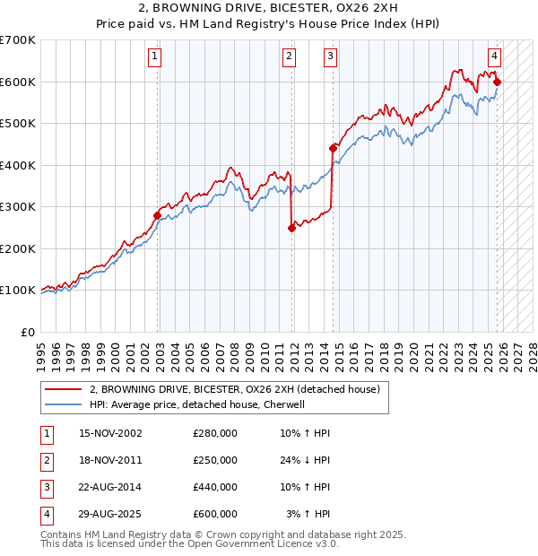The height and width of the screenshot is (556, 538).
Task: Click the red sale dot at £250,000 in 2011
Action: (291, 228)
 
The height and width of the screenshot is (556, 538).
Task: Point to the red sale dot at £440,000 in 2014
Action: (333, 149)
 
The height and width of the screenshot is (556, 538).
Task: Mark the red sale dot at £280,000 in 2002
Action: (158, 215)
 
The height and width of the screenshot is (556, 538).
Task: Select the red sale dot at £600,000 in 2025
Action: (498, 83)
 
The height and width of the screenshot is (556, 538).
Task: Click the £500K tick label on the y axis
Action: (18, 124)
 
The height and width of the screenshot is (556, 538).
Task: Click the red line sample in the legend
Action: (63, 389)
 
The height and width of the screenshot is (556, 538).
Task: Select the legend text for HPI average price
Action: (197, 404)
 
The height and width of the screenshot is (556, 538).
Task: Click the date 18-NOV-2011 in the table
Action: (110, 460)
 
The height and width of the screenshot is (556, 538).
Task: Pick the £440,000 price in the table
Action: (215, 487)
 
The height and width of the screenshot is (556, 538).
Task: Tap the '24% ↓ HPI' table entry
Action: (305, 460)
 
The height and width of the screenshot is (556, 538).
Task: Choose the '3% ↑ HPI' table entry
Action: (308, 514)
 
